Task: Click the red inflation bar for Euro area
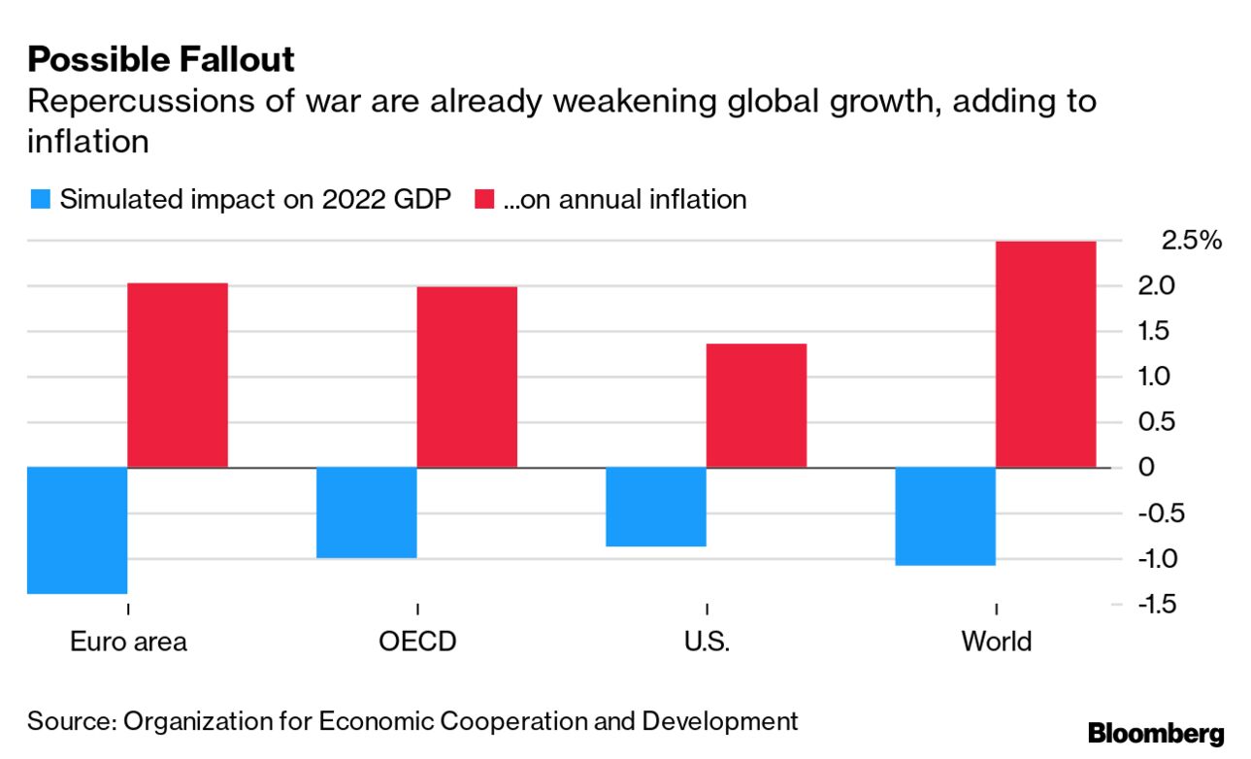(178, 375)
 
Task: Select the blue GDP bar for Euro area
(78, 530)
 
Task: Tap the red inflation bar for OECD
(467, 377)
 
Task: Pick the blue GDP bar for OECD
(367, 512)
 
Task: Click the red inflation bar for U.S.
(756, 405)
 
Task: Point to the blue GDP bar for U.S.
(656, 507)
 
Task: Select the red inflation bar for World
(1046, 354)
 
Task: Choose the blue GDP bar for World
(945, 515)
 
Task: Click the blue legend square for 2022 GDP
(40, 200)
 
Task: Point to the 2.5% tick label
(1192, 241)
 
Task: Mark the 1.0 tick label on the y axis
(1155, 377)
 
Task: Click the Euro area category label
(128, 642)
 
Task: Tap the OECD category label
(417, 642)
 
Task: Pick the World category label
(996, 642)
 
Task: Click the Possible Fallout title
(161, 60)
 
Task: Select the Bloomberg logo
(1156, 734)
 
